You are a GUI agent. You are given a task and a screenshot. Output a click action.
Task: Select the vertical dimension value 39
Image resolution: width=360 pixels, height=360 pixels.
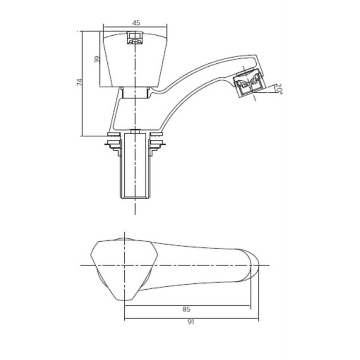96,59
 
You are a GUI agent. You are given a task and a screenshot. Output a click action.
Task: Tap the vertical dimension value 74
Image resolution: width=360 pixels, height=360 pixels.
79,82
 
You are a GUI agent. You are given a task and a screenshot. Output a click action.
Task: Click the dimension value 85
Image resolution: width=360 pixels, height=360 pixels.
186,309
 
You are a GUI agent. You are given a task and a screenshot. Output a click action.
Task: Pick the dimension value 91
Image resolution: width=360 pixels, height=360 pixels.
191,322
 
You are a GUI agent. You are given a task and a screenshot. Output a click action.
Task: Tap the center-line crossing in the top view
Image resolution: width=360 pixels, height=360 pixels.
124,265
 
